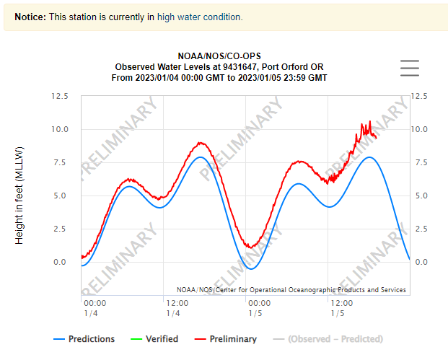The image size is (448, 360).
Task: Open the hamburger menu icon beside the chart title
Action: (x=409, y=67)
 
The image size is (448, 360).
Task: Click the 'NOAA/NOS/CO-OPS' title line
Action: (x=219, y=56)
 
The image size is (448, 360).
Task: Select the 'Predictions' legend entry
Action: (x=84, y=339)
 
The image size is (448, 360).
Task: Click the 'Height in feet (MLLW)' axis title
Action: (x=20, y=195)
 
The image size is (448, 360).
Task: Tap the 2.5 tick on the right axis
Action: (x=418, y=229)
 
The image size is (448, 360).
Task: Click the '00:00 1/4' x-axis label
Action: (x=95, y=308)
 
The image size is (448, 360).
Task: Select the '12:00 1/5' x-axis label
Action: (x=341, y=308)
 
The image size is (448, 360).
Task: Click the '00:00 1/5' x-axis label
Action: (x=259, y=308)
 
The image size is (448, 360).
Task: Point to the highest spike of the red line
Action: (x=370, y=121)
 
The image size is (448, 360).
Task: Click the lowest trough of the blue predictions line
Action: (x=250, y=269)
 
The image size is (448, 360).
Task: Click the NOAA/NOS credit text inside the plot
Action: (x=291, y=290)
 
